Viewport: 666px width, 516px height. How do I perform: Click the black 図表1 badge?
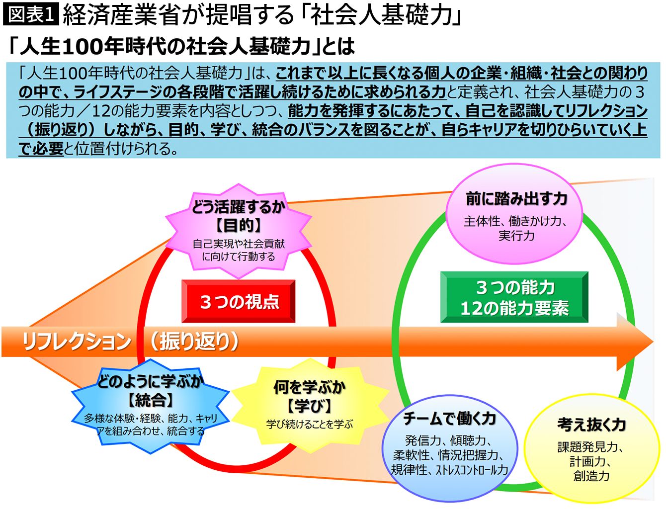(31, 14)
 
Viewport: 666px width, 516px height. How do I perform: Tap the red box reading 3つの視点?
(239, 301)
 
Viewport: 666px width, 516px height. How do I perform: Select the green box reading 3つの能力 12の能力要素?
(514, 297)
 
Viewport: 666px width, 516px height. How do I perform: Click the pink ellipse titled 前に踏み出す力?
(516, 214)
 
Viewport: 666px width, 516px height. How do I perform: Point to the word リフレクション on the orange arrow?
(76, 342)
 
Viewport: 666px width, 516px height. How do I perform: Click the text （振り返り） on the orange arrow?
(194, 342)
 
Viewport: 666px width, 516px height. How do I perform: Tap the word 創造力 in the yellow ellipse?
(591, 476)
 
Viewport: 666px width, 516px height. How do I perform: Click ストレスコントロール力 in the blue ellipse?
(472, 470)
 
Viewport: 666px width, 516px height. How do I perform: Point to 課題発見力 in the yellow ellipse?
(587, 447)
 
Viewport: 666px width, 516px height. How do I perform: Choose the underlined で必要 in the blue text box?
(41, 148)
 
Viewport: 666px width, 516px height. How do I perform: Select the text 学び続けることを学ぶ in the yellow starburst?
(309, 424)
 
